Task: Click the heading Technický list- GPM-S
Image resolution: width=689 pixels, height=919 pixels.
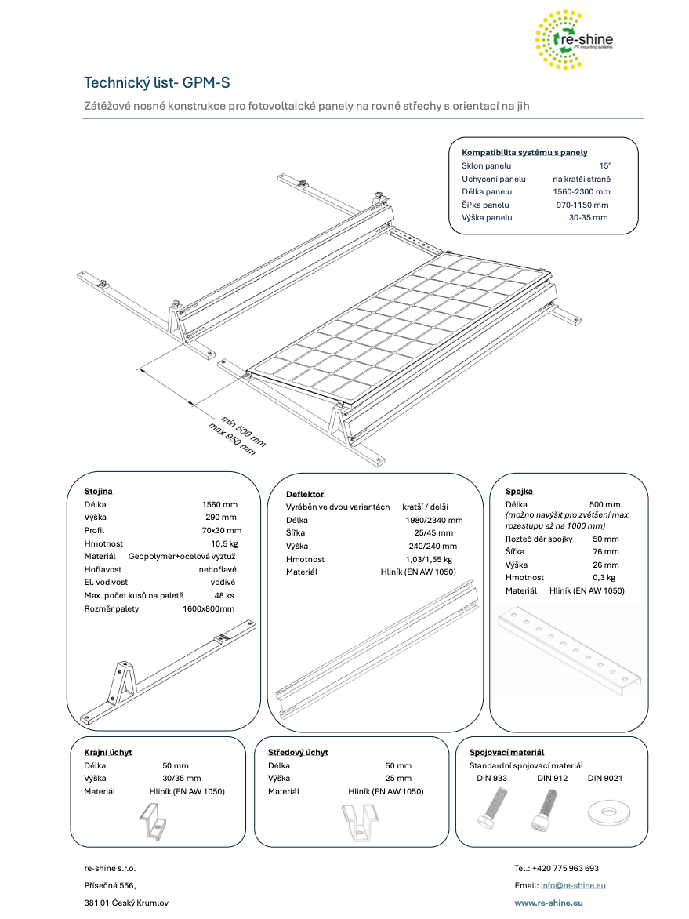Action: click(x=157, y=83)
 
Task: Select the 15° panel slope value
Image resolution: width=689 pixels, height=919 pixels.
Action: click(x=604, y=166)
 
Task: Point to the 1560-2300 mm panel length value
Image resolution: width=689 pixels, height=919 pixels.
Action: click(x=581, y=191)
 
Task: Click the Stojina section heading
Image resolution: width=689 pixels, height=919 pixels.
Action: click(x=98, y=491)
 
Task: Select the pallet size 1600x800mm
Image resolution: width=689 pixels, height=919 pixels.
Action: click(x=209, y=609)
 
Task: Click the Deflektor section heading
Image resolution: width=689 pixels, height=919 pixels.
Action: click(x=305, y=495)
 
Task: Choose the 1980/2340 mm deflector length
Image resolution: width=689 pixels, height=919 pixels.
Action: click(x=433, y=520)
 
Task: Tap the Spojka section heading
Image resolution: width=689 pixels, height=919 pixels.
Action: click(x=519, y=491)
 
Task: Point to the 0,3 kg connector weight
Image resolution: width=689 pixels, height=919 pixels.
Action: click(x=604, y=577)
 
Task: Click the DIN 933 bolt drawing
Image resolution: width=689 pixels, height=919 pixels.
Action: click(x=491, y=810)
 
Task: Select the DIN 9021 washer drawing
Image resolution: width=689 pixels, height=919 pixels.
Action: click(x=607, y=811)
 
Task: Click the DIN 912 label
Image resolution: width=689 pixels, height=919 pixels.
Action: click(x=552, y=779)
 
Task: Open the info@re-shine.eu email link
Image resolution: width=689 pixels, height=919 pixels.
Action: click(x=573, y=885)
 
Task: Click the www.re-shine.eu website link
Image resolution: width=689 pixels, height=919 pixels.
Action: click(x=549, y=903)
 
